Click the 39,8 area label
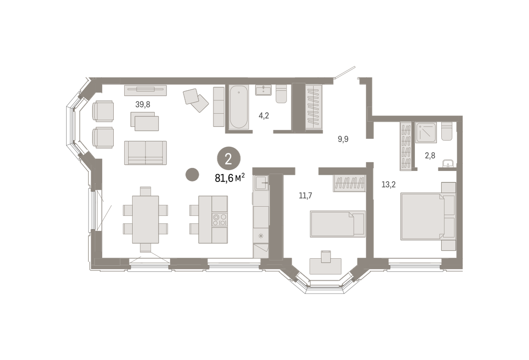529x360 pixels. tap(143, 104)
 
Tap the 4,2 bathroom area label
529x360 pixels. tap(264, 116)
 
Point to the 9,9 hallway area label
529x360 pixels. tap(343, 139)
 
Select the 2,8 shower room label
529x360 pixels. tap(430, 156)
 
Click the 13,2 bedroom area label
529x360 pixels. tap(388, 184)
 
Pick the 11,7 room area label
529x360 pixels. tap(305, 196)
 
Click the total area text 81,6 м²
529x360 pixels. tap(230, 178)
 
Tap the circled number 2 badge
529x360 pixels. tap(229, 158)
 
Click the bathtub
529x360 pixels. tap(238, 107)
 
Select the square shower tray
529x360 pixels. tap(426, 133)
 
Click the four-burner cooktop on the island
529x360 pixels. tap(220, 219)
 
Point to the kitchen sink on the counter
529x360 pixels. tap(261, 182)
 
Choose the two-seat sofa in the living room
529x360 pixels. tap(145, 153)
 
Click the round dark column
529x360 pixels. tap(192, 174)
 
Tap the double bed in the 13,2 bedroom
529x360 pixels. tap(428, 216)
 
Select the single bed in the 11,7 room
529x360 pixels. tap(338, 224)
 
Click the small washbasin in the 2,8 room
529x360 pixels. tap(448, 163)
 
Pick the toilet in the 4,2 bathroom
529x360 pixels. tap(281, 94)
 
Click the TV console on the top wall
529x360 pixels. tap(145, 90)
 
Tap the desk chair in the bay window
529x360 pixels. tap(326, 257)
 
